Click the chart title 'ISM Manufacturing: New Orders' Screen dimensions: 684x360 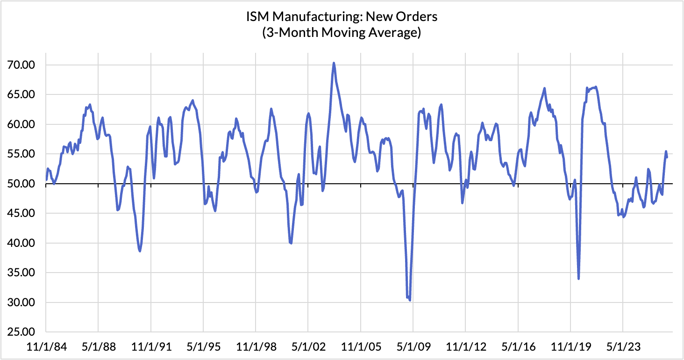pyautogui.click(x=342, y=16)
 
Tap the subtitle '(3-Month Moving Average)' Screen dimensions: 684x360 pyautogui.click(x=342, y=32)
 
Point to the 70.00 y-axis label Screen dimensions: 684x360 pyautogui.click(x=21, y=65)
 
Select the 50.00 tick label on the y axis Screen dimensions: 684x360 pyautogui.click(x=21, y=184)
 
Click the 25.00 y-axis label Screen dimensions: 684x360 pyautogui.click(x=21, y=332)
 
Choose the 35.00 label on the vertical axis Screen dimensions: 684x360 pyautogui.click(x=21, y=273)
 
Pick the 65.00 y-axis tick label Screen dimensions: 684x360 pyautogui.click(x=21, y=94)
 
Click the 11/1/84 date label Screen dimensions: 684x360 pyautogui.click(x=47, y=347)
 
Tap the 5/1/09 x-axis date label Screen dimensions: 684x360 pyautogui.click(x=414, y=347)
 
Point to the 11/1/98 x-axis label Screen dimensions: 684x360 pyautogui.click(x=256, y=347)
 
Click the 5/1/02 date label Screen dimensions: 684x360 pyautogui.click(x=309, y=347)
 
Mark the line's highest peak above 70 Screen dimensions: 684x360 pyautogui.click(x=334, y=63)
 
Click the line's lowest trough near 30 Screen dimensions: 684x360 pyautogui.click(x=410, y=300)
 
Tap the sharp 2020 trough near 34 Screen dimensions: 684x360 pyautogui.click(x=579, y=278)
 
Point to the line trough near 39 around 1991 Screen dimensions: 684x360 pyautogui.click(x=140, y=251)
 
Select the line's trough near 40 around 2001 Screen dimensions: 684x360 pyautogui.click(x=291, y=243)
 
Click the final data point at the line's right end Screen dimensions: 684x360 pyautogui.click(x=667, y=157)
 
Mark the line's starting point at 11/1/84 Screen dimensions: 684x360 pyautogui.click(x=46, y=180)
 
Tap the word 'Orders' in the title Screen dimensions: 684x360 pyautogui.click(x=416, y=16)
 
